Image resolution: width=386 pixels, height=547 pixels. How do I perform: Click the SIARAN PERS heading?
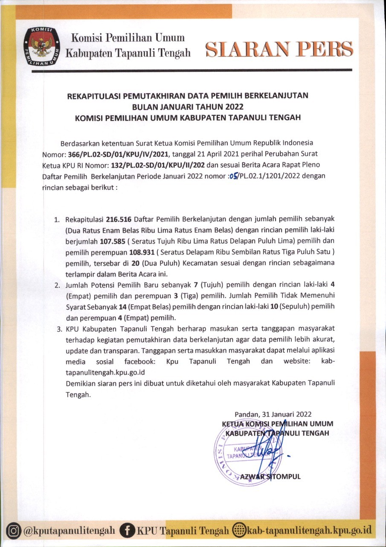tap(279, 50)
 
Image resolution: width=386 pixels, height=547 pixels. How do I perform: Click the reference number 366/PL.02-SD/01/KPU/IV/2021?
tap(120, 154)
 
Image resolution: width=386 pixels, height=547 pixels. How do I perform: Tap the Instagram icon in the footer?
tap(15, 531)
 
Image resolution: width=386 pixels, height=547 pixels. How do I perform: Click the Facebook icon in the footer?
tap(127, 531)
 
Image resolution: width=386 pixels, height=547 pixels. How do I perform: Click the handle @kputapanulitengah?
tap(69, 531)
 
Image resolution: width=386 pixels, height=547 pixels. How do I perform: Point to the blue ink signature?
tap(273, 449)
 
